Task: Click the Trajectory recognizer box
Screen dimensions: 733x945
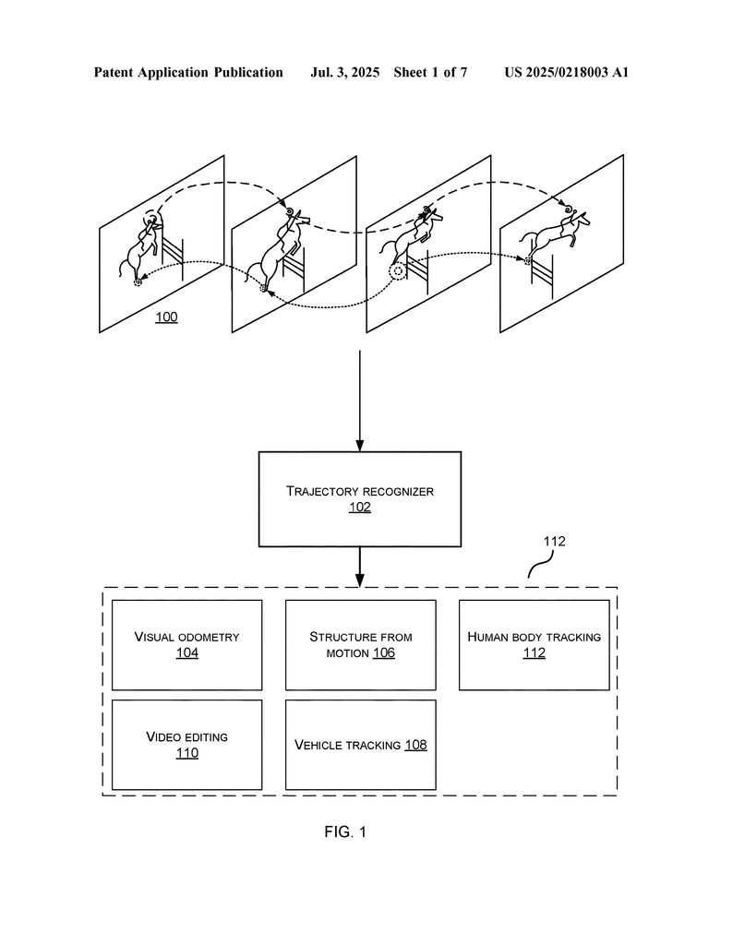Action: coord(360,499)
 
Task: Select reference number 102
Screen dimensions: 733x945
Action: coord(360,507)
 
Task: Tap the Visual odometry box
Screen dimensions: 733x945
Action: coord(186,645)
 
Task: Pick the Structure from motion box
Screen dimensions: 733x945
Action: coord(360,645)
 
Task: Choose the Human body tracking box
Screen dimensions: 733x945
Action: coord(535,645)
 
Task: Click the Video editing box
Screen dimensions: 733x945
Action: coord(186,745)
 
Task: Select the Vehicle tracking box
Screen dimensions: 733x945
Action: coord(360,745)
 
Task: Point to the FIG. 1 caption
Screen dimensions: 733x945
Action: coord(345,831)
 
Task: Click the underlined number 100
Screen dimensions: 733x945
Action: coord(166,317)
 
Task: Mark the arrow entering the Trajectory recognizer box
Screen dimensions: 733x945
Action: coord(360,401)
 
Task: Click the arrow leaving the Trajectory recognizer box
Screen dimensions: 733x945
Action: coord(360,568)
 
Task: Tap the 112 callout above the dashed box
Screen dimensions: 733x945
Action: coord(555,541)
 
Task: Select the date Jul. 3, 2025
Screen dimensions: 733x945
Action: coord(344,73)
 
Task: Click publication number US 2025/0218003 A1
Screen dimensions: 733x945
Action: coord(567,73)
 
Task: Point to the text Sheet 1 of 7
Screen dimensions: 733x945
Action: coord(430,73)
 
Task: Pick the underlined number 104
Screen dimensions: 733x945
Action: coord(186,652)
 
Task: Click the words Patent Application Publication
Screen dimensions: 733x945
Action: coord(188,73)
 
